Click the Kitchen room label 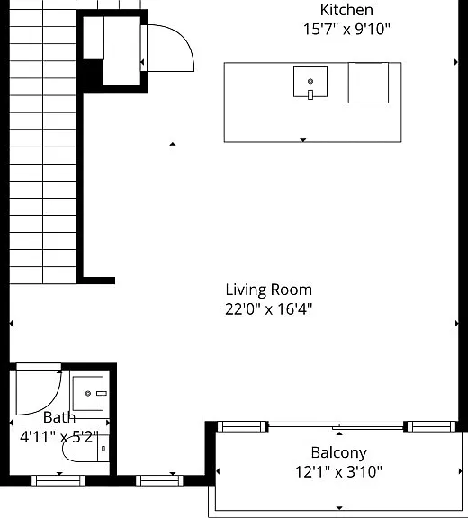click(346, 10)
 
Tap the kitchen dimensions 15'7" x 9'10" click(346, 29)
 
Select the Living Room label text click(269, 290)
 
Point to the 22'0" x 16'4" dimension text click(269, 309)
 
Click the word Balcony click(338, 453)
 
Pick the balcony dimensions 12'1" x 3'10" click(338, 472)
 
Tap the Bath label click(59, 417)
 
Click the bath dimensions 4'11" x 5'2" click(59, 437)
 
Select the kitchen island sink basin click(310, 81)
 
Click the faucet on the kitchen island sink click(310, 94)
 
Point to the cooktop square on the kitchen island click(368, 83)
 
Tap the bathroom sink click(88, 393)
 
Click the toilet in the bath click(85, 449)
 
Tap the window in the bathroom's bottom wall click(58, 480)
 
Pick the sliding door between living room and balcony click(336, 426)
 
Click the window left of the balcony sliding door click(242, 426)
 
